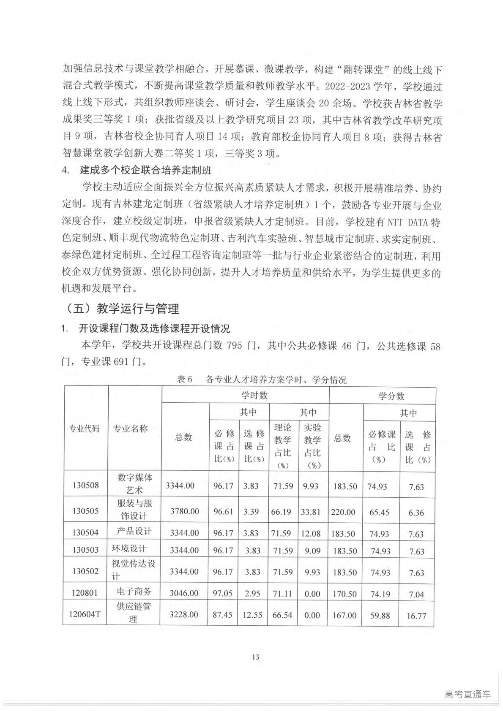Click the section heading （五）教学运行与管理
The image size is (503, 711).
pyautogui.click(x=123, y=309)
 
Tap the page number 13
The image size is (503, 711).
pyautogui.click(x=255, y=657)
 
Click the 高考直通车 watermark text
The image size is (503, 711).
pyautogui.click(x=467, y=695)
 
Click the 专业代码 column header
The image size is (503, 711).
pyautogui.click(x=85, y=429)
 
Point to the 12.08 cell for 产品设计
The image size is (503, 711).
pyautogui.click(x=311, y=533)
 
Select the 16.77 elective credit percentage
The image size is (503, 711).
pyautogui.click(x=416, y=616)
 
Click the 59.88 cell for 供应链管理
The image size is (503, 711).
pyautogui.click(x=380, y=615)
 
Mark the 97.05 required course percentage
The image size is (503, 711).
pyautogui.click(x=223, y=593)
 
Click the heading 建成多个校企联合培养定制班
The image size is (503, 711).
pyautogui.click(x=145, y=171)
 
